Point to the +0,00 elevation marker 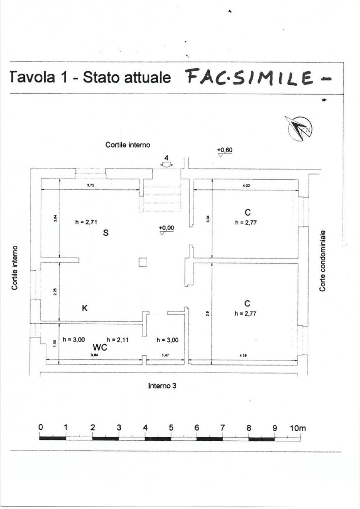tap(166, 230)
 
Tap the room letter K tap(85, 308)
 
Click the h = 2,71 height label tap(85, 222)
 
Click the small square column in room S tap(144, 262)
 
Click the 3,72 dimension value tap(91, 185)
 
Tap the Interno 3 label tap(162, 385)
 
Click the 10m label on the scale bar tap(298, 428)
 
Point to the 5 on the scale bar tap(171, 428)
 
